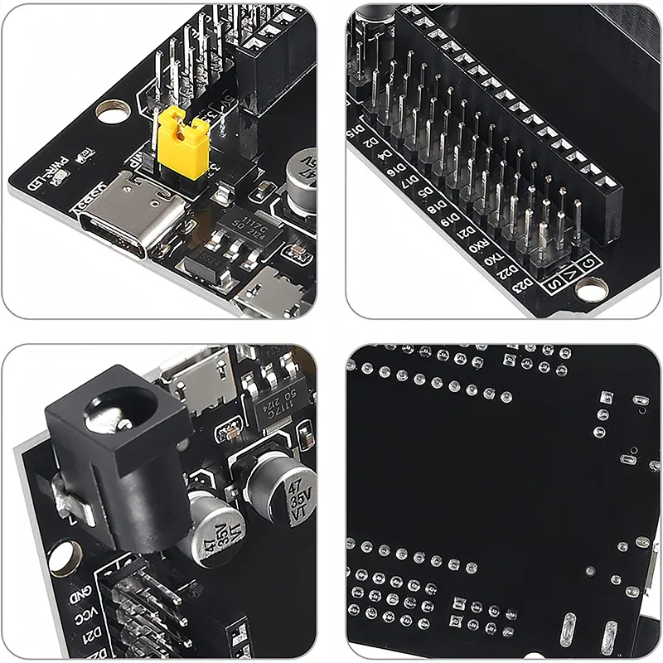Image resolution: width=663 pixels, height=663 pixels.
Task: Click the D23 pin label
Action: tap(523, 286)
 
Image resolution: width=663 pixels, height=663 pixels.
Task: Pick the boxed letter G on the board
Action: tap(588, 264)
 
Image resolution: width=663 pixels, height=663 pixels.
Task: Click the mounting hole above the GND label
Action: tap(60, 562)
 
